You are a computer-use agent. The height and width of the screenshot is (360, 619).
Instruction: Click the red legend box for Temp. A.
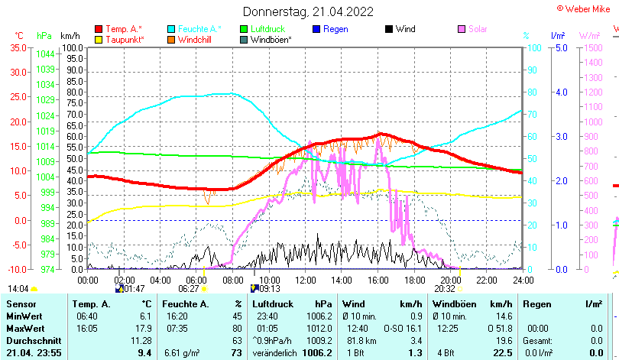coord(99,29)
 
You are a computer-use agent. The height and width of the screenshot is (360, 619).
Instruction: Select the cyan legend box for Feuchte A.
coord(172,29)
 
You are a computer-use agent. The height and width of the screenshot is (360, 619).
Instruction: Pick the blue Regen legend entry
coord(335,29)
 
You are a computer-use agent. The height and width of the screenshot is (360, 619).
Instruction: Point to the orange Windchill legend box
coord(172,39)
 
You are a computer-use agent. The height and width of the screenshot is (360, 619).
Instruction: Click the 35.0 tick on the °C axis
coord(18,47)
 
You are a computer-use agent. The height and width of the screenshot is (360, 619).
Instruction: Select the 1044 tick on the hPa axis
coord(44,54)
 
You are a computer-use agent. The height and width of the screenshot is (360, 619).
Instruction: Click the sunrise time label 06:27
coord(189,289)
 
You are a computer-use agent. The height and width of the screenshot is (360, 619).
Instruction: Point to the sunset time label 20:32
coord(445,289)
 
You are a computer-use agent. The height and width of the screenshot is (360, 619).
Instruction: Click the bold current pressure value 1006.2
coord(316,352)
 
